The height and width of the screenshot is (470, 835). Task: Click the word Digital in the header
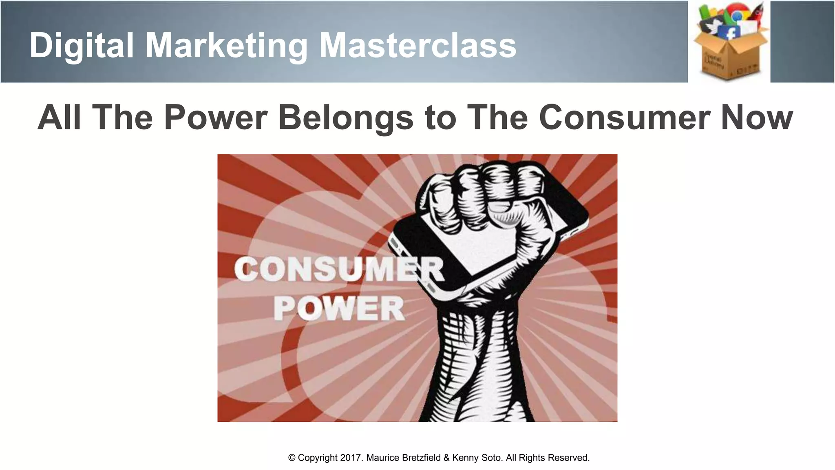[x=82, y=46]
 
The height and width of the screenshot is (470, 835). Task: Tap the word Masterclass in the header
[x=417, y=46]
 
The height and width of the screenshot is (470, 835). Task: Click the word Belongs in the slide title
[x=346, y=117]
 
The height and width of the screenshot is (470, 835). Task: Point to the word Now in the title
[x=757, y=117]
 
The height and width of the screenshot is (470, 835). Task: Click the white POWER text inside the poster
[x=338, y=309]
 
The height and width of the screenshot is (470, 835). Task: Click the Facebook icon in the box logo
[x=730, y=33]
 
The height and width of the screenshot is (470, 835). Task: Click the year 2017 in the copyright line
[x=351, y=458]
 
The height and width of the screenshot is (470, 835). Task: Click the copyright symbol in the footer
[x=292, y=458]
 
